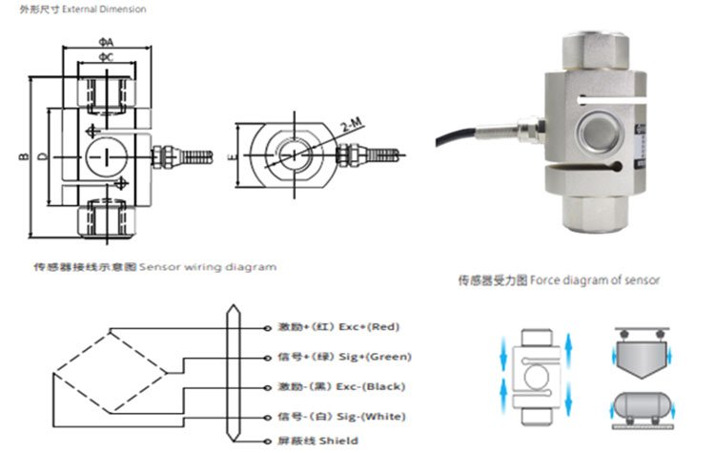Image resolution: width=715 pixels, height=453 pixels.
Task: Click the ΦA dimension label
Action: click(x=106, y=42)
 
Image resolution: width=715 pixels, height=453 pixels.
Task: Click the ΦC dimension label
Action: click(x=106, y=59)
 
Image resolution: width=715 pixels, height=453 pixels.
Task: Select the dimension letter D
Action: click(x=42, y=155)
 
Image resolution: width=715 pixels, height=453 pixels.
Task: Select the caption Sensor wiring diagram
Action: click(x=208, y=267)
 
